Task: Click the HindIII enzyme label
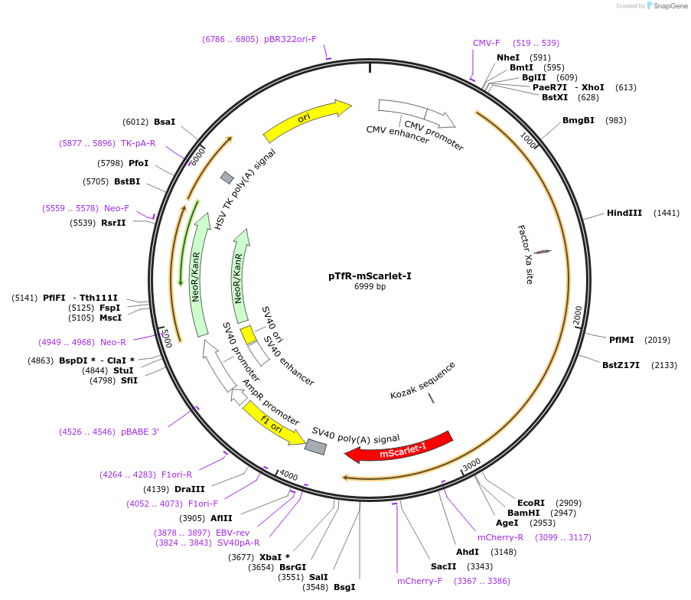pos(624,213)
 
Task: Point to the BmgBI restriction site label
pos(579,120)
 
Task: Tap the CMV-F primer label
pos(486,43)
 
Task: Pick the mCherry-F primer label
pos(419,581)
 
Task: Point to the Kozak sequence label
pos(422,380)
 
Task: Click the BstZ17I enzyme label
pos(621,365)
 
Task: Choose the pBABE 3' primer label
pos(140,432)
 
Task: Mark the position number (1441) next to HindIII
pos(666,213)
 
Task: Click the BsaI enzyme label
pos(165,122)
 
